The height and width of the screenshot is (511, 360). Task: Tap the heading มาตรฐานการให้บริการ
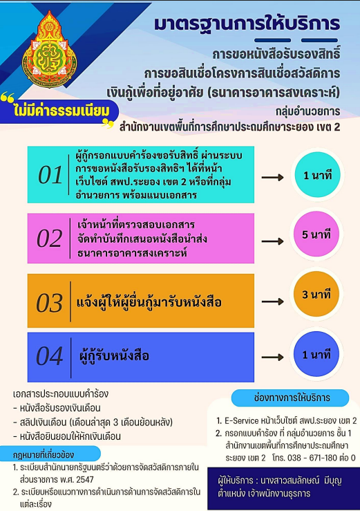pos(247,24)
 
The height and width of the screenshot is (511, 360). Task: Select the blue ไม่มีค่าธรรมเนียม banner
pos(59,111)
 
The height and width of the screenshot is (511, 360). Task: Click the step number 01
pos(50,175)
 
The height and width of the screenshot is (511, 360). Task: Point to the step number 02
pos(49,239)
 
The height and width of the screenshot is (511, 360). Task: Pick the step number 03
pos(49,303)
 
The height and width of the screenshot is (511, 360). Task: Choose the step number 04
pos(49,356)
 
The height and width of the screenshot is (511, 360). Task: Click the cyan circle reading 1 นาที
pos(317,176)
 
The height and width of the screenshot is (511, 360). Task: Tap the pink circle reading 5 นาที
pos(316,234)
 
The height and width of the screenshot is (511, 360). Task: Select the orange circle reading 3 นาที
pos(316,295)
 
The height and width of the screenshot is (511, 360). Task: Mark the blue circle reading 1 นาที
pos(316,354)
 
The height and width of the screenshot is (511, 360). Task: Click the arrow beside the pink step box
pos(273,241)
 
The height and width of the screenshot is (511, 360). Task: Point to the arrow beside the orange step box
pos(273,301)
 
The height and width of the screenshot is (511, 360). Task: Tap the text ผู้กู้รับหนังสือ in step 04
pos(114,355)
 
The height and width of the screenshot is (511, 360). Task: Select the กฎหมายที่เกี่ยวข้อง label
pos(44,455)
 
